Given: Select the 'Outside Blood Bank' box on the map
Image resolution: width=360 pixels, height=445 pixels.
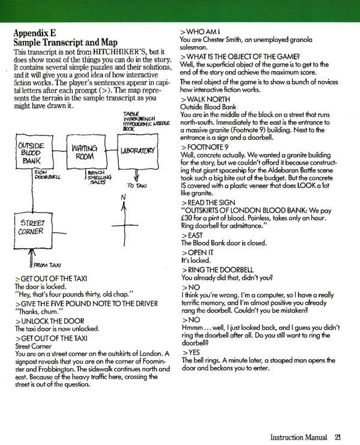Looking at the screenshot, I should tap(29, 153).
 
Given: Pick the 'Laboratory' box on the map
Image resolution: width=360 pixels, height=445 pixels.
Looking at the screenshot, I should tap(138, 150).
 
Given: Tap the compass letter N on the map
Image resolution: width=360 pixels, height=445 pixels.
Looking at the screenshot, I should tap(123, 198).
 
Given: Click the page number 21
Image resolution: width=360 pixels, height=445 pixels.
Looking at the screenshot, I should tap(338, 437).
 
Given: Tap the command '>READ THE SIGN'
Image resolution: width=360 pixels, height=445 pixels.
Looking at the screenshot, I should tap(209, 202).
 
